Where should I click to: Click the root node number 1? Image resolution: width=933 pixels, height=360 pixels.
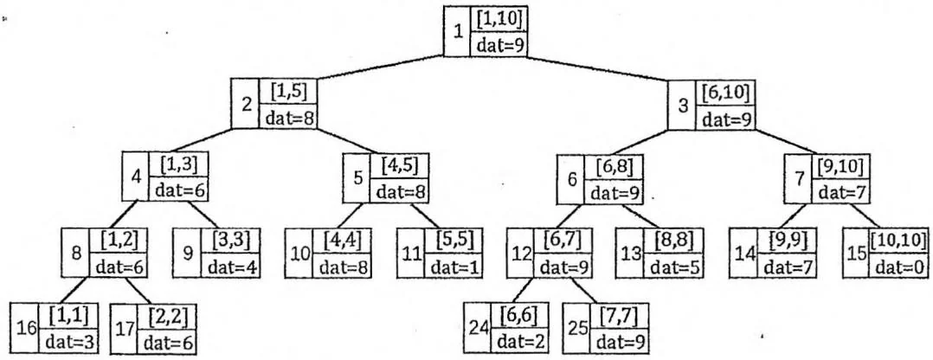(x=457, y=31)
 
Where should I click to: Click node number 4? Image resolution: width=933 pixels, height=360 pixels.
(x=136, y=177)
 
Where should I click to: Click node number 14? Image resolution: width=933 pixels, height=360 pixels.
(x=741, y=254)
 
